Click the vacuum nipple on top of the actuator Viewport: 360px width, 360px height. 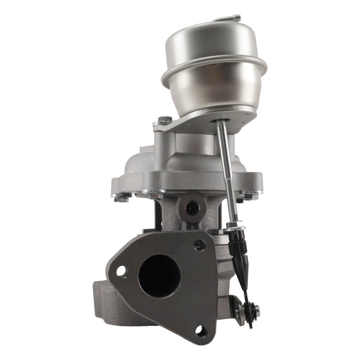pos(230,18)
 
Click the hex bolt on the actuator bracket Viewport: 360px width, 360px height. pos(164,120)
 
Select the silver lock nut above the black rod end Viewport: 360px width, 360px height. pos(235,226)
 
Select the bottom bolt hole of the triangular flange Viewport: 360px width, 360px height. pos(201,330)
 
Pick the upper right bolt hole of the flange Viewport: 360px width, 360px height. pos(199,245)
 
